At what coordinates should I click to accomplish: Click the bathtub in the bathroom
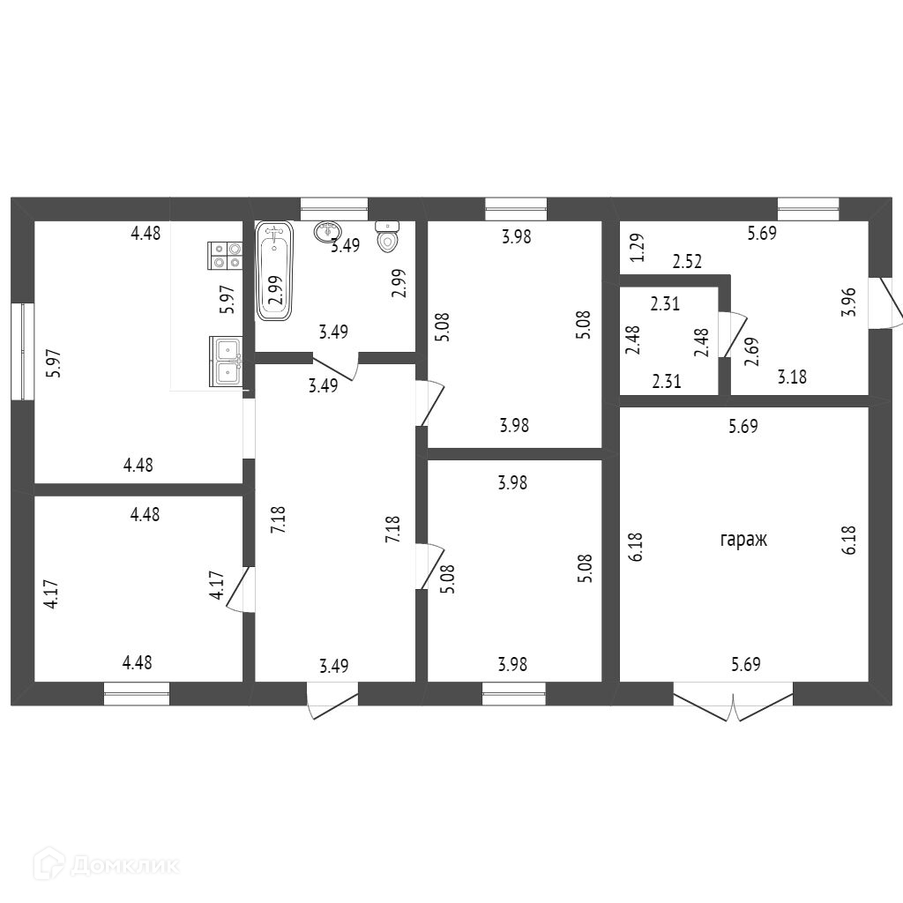tap(274, 272)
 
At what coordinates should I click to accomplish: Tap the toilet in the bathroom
tap(387, 236)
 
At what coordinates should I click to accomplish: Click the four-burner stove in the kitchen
tap(225, 255)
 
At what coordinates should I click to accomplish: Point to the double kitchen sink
tap(226, 362)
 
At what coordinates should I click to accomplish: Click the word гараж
tap(743, 540)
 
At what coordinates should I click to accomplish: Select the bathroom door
tap(335, 366)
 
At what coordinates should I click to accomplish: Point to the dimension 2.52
tap(688, 261)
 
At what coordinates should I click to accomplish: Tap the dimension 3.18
tap(791, 377)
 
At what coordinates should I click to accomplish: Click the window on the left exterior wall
tap(22, 351)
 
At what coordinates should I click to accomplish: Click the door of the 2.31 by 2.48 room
tap(728, 335)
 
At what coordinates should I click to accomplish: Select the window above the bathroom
tap(333, 208)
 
